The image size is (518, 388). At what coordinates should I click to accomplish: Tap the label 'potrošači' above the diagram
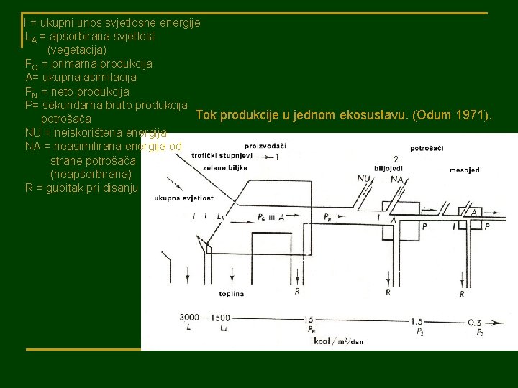point(427,148)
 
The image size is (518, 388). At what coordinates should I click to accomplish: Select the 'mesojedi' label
point(465,170)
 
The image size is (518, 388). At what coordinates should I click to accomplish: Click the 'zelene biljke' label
point(225,167)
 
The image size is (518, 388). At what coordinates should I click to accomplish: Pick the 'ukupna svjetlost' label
point(182,198)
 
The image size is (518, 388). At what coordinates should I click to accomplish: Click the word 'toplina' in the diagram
point(232,293)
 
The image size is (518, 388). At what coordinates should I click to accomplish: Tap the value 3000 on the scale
point(189,317)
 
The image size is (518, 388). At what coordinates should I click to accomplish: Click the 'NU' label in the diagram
point(364,179)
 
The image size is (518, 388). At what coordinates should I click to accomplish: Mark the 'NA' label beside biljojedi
point(395,180)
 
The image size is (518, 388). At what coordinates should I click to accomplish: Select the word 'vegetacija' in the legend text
point(77,50)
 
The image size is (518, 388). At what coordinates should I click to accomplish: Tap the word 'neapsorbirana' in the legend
point(91,174)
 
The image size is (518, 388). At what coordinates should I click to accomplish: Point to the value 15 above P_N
point(309,320)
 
